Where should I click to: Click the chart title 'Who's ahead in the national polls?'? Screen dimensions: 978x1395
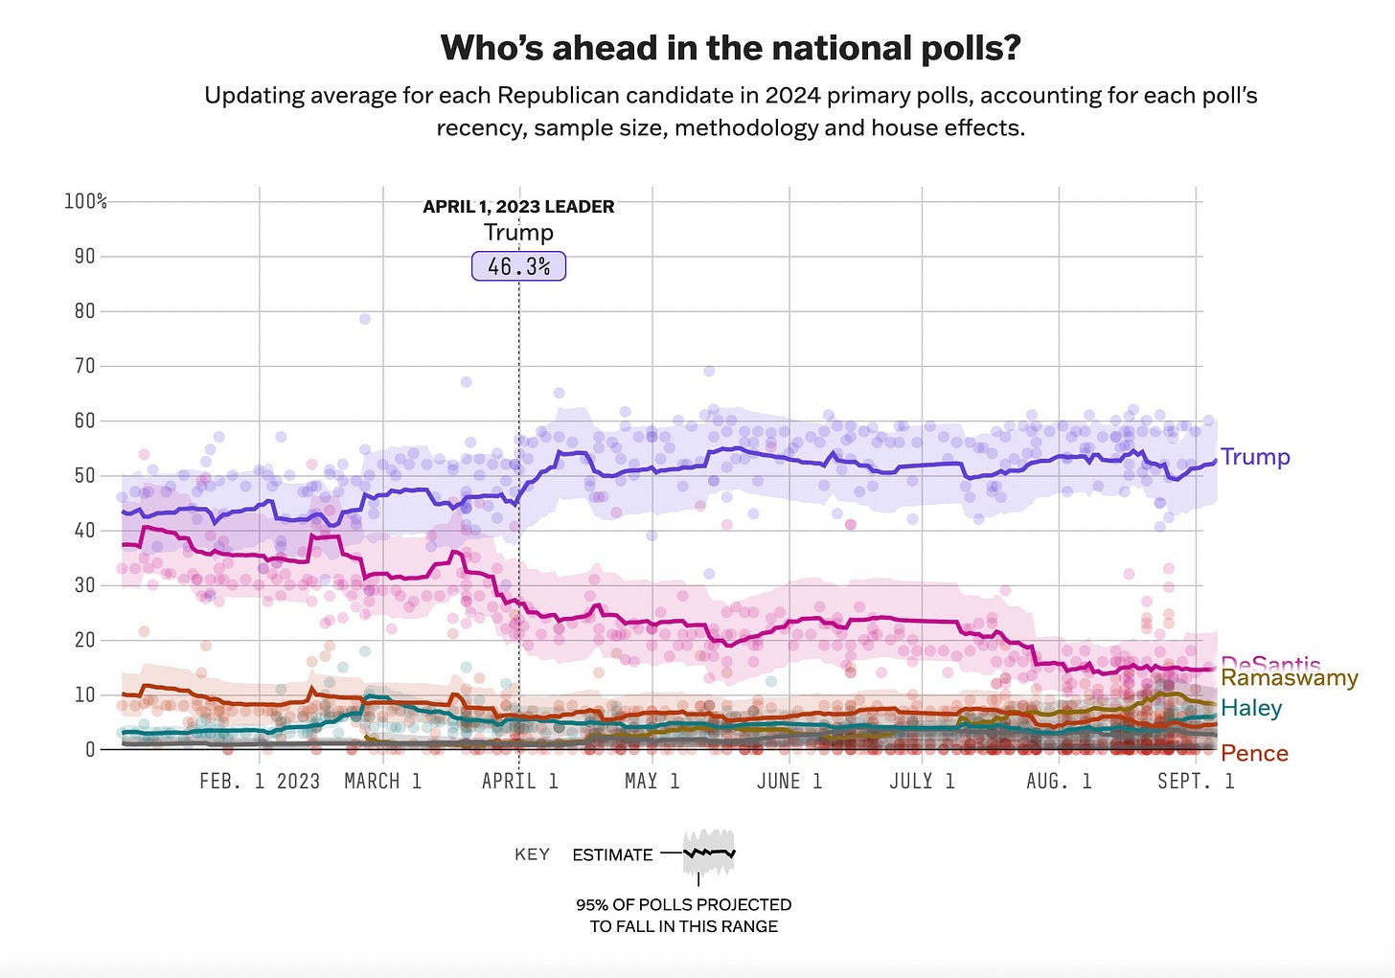pos(730,48)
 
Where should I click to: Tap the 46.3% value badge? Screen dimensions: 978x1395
pos(518,266)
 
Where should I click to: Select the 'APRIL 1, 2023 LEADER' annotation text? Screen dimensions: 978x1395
pos(518,207)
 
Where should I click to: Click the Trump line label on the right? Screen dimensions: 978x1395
pos(1254,457)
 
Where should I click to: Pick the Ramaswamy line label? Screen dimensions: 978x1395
pos(1289,678)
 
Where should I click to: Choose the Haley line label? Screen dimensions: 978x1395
pos(1250,708)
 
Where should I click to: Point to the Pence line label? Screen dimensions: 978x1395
pos(1253,754)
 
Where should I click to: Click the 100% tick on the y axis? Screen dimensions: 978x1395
pos(85,201)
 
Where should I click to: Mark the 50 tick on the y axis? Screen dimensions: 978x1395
pos(85,475)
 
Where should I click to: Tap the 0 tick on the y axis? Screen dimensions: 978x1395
pos(90,749)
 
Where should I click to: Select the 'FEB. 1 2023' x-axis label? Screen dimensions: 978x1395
pos(259,782)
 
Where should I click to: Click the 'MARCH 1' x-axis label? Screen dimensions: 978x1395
pos(382,782)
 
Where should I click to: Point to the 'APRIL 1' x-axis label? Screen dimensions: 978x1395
pos(519,782)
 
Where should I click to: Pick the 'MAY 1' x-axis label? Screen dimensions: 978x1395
pos(652,782)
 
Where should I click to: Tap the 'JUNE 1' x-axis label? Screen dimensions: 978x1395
pos(789,782)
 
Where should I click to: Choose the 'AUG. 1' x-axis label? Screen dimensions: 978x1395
pos(1058,782)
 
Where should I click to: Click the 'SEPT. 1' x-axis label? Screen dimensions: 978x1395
pos(1195,782)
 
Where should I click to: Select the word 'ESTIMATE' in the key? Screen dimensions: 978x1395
pos(612,855)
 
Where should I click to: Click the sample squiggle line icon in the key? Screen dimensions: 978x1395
pos(709,852)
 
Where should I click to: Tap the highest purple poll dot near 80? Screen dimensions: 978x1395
pos(364,319)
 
